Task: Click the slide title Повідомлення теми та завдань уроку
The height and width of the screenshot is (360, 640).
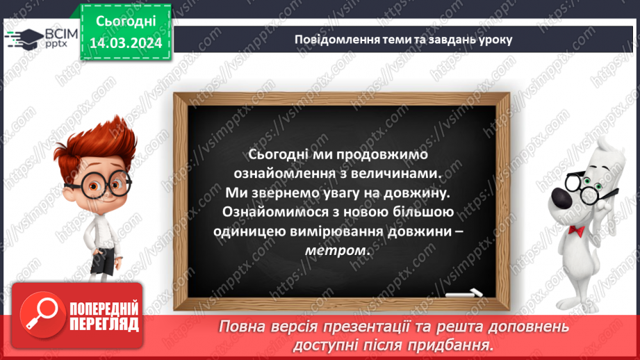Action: [403, 39]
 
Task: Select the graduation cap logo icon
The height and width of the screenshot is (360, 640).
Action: [23, 38]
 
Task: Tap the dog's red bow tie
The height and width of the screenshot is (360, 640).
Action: [576, 230]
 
